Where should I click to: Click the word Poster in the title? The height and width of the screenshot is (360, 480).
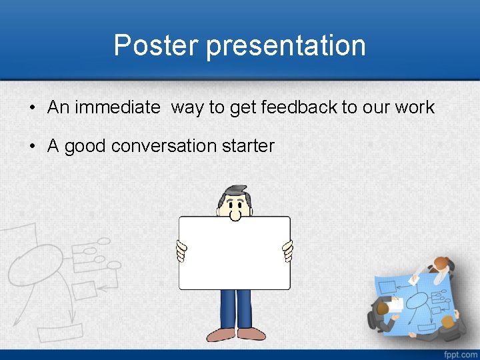tap(157, 46)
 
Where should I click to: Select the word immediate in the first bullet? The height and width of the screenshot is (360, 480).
tap(117, 107)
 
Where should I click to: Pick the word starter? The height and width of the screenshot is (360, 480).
tap(247, 146)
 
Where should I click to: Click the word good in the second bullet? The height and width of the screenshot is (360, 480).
tap(85, 146)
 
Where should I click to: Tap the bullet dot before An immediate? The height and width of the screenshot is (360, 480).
tap(32, 108)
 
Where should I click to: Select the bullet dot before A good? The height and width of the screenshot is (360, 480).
tap(32, 147)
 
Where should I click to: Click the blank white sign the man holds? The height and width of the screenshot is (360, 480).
tap(234, 253)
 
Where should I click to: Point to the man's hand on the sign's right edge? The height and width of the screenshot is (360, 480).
tap(288, 252)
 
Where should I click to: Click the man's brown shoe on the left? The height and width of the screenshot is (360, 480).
tap(221, 334)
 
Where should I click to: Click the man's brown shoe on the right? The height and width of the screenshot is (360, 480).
tap(251, 334)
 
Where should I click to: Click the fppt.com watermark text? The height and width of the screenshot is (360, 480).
tap(459, 353)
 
